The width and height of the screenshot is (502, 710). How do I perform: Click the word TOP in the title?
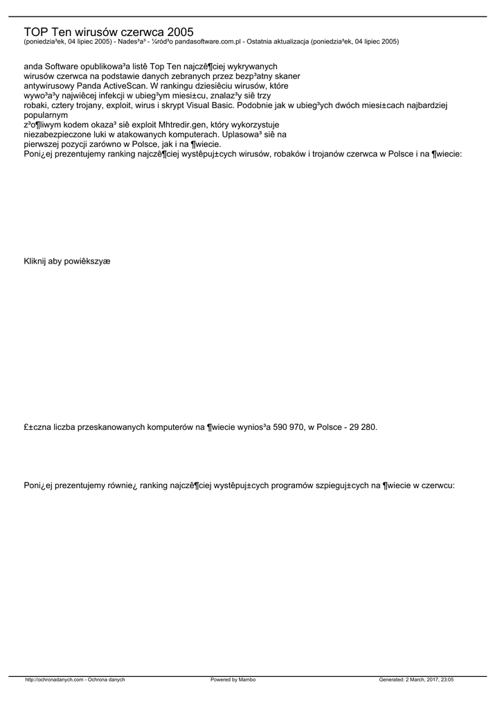35,32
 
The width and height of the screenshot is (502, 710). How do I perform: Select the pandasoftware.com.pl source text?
206,42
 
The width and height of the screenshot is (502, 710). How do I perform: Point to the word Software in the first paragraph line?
65,66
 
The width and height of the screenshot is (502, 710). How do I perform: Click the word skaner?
286,76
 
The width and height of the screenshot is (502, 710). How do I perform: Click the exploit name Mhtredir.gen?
186,125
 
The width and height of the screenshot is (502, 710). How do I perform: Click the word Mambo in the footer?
248,679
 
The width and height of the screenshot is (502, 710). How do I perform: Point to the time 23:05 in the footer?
447,679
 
